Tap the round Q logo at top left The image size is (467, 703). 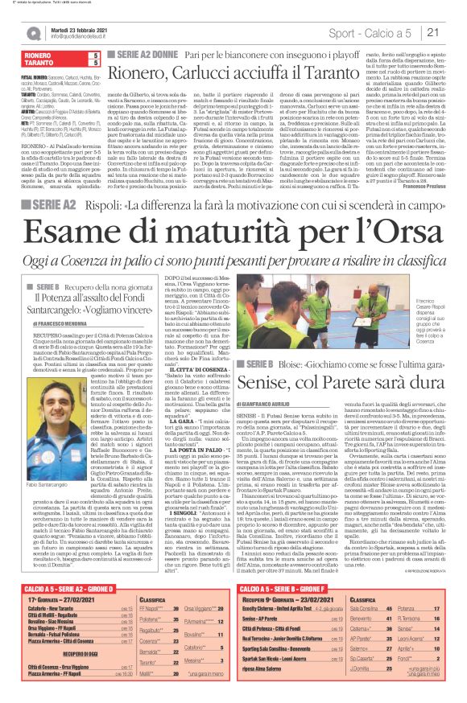[x=33, y=33]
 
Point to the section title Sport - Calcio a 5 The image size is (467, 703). [x=382, y=33]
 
